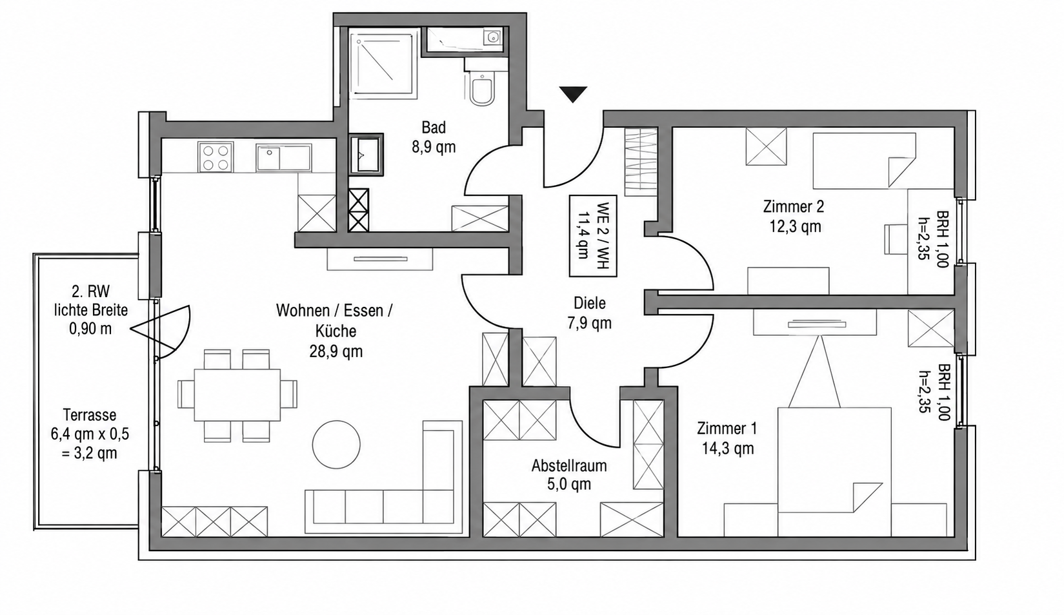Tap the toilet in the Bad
481,88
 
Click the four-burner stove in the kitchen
216,157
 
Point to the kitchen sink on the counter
283,157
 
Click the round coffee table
336,445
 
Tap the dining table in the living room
237,395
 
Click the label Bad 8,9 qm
434,137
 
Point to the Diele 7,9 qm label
590,313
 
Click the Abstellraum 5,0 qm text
569,475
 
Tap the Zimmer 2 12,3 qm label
794,217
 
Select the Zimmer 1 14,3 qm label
727,438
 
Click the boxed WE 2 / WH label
593,236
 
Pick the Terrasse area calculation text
90,434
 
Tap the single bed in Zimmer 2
864,161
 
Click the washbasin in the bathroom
366,154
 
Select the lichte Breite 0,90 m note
91,319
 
